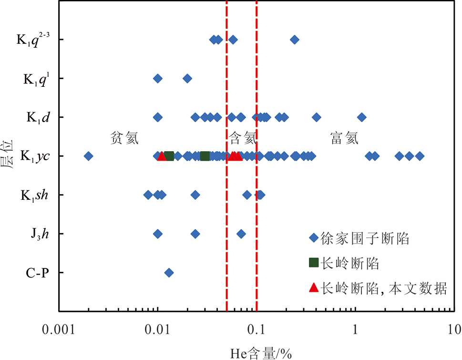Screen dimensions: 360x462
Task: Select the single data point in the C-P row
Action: tap(169, 273)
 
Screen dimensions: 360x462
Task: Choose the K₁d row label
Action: tap(38, 117)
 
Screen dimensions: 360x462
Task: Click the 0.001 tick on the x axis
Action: tap(59, 329)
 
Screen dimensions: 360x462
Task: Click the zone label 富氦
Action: tap(344, 138)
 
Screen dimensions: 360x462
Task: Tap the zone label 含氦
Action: tap(243, 138)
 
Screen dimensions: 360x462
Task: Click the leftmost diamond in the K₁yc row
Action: tap(88, 156)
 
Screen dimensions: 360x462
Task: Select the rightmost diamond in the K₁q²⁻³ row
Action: tap(295, 40)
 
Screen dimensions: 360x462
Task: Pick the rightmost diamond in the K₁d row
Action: tap(362, 117)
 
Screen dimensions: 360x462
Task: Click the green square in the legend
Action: tap(313, 262)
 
